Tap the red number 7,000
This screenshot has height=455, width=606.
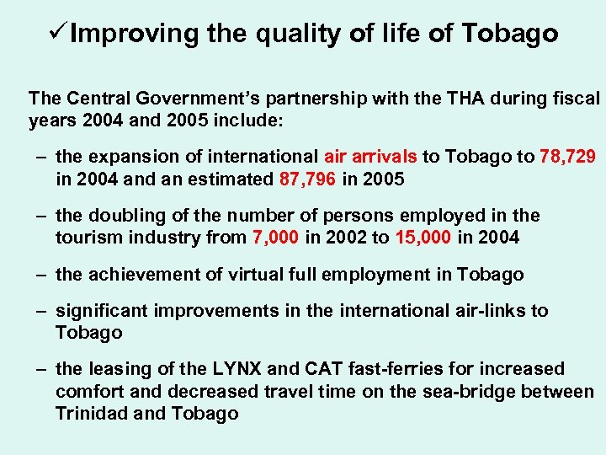point(274,238)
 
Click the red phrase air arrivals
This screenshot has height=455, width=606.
point(368,157)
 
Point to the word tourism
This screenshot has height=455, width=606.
point(87,238)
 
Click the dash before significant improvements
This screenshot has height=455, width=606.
point(40,311)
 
